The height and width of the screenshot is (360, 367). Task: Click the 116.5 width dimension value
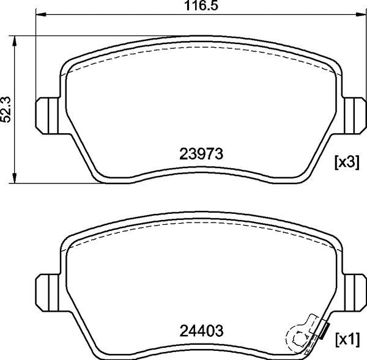click(x=201, y=6)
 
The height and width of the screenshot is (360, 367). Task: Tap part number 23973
click(x=201, y=154)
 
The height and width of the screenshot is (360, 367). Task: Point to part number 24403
click(x=201, y=331)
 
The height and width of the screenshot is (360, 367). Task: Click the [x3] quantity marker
click(x=347, y=163)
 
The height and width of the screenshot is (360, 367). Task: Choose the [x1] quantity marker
click(x=347, y=339)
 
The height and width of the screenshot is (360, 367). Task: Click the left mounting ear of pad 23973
click(x=47, y=116)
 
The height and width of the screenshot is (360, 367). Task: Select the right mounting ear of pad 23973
click(x=354, y=116)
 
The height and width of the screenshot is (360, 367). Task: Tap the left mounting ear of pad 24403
click(x=47, y=293)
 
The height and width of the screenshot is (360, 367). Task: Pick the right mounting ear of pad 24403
click(x=354, y=293)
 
